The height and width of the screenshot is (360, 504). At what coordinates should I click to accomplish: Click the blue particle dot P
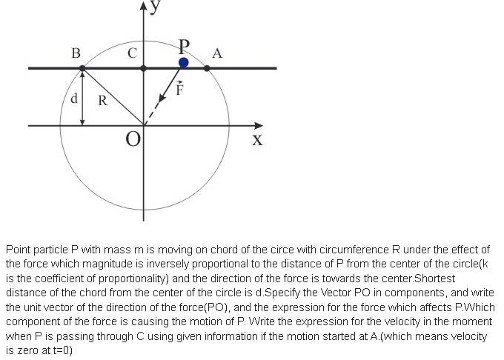pyautogui.click(x=184, y=63)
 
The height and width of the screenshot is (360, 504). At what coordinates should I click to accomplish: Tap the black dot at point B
pyautogui.click(x=82, y=68)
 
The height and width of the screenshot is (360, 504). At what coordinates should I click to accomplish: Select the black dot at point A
pyautogui.click(x=207, y=68)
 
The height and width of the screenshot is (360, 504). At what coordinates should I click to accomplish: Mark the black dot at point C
pyautogui.click(x=143, y=68)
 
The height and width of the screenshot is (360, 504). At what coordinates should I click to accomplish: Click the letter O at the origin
pyautogui.click(x=132, y=139)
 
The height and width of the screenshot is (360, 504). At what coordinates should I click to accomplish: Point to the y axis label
pyautogui.click(x=155, y=7)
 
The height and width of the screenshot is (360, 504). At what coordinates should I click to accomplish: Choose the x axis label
pyautogui.click(x=256, y=139)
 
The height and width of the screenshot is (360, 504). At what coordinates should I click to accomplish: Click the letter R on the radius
pyautogui.click(x=103, y=101)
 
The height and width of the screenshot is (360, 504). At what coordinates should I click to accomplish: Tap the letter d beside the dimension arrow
pyautogui.click(x=73, y=99)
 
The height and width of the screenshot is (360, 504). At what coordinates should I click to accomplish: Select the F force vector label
pyautogui.click(x=179, y=90)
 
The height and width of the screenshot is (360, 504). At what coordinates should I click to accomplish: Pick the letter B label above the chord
pyautogui.click(x=76, y=53)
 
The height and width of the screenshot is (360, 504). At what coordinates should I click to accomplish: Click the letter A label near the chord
pyautogui.click(x=216, y=53)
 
